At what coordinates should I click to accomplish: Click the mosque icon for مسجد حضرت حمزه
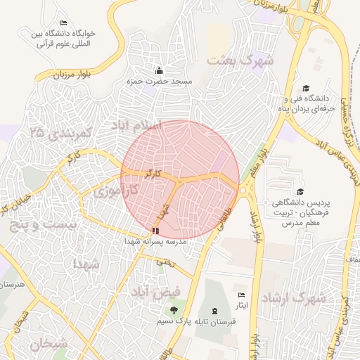(160, 71)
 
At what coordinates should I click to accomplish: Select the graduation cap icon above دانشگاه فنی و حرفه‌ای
(305, 88)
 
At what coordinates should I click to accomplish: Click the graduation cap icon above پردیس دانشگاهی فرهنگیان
(300, 191)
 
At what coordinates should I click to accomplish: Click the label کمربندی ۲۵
(63, 132)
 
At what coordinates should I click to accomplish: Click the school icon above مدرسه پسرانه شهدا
(155, 230)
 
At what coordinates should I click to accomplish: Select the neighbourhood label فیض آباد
(155, 290)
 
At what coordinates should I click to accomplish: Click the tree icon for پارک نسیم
(174, 310)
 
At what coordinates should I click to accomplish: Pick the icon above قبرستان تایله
(214, 310)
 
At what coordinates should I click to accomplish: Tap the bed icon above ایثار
(242, 295)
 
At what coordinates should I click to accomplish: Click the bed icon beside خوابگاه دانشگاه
(64, 23)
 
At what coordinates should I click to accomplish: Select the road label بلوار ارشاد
(256, 229)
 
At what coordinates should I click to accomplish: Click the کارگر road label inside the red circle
(153, 172)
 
